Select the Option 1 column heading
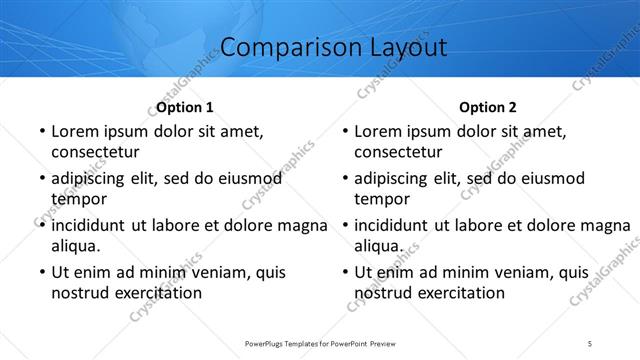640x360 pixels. (185, 107)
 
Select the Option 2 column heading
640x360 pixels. (488, 107)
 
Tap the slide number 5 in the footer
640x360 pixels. (590, 344)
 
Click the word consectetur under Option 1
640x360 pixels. (95, 152)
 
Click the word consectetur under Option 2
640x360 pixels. (398, 152)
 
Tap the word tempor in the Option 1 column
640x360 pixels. (76, 199)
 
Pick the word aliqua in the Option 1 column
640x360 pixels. (75, 246)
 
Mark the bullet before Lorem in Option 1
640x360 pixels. (41, 131)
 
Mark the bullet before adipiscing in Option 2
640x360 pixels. (344, 178)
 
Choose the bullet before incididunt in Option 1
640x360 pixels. (41, 225)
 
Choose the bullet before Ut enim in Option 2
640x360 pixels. (344, 272)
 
